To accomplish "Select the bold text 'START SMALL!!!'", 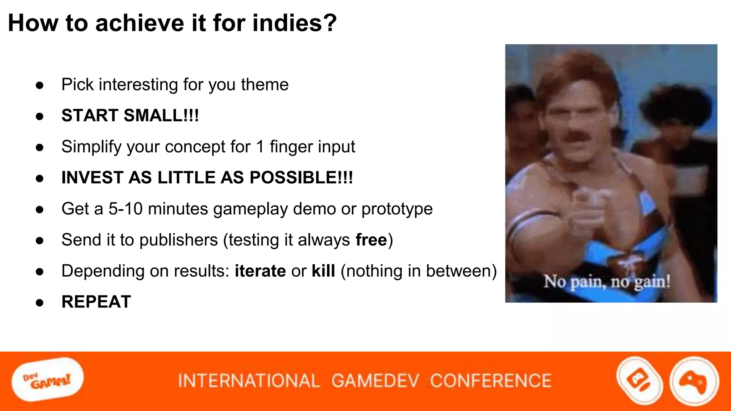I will click(130, 116).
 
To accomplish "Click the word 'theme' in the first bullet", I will click(264, 85).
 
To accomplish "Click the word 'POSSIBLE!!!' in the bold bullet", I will click(301, 178).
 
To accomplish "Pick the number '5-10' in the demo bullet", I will click(125, 209).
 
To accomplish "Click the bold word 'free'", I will click(371, 240).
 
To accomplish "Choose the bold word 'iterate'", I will click(260, 271).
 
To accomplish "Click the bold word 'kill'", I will click(323, 271).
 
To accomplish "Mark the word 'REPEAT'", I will click(96, 302).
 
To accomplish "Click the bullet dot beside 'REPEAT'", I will click(40, 303).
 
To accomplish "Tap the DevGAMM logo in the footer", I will click(47, 380).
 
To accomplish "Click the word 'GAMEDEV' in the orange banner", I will click(375, 381).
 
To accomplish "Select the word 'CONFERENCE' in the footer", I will click(491, 381).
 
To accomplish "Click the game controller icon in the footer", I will click(694, 381).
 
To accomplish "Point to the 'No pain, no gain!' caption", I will click(607, 282).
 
